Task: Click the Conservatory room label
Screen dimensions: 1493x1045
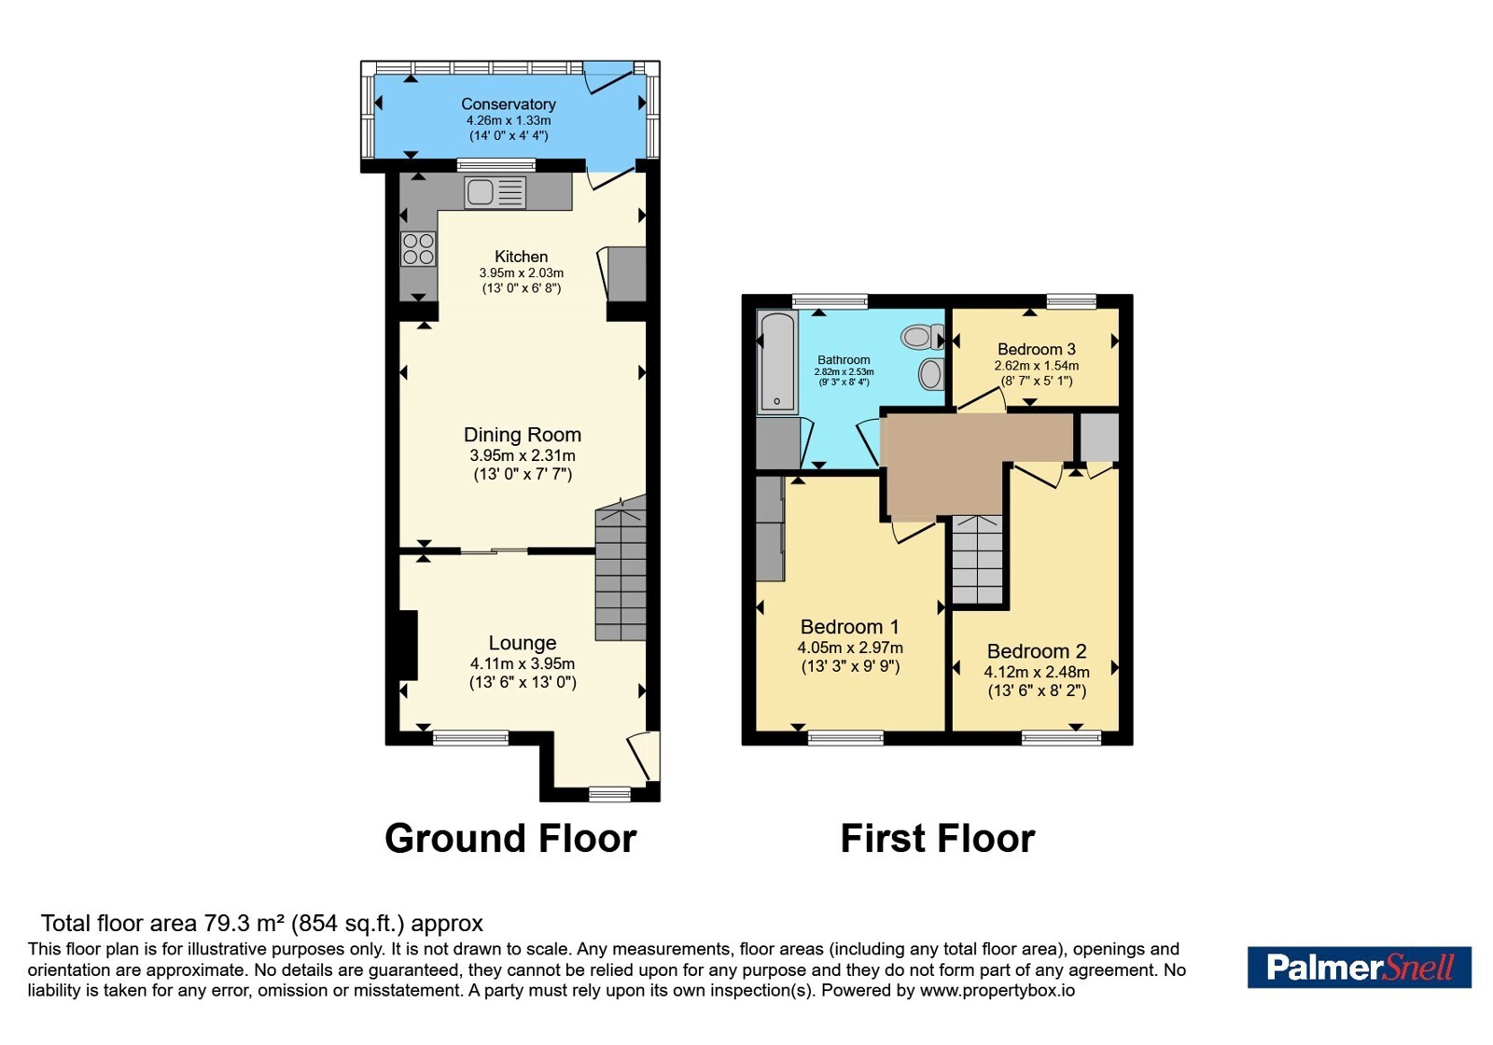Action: pyautogui.click(x=508, y=104)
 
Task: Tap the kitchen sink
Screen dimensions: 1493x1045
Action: pyautogui.click(x=495, y=192)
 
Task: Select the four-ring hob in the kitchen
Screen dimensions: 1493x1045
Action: pyautogui.click(x=419, y=248)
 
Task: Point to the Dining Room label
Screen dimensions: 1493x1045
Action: pyautogui.click(x=522, y=435)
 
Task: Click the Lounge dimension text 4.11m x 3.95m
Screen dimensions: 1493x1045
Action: pyautogui.click(x=522, y=663)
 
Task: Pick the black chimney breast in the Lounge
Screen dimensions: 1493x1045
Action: pyautogui.click(x=408, y=645)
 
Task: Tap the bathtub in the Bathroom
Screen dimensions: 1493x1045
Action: pyautogui.click(x=777, y=362)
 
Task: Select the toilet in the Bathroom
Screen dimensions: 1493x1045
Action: pyautogui.click(x=923, y=337)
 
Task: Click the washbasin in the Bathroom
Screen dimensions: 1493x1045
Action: pyautogui.click(x=931, y=374)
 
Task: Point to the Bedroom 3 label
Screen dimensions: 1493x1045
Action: pyautogui.click(x=1036, y=349)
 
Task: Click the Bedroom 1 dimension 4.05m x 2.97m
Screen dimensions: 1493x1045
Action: pyautogui.click(x=850, y=648)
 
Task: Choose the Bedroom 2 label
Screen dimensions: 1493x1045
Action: pyautogui.click(x=1037, y=651)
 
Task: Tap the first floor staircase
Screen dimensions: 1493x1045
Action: pyautogui.click(x=976, y=559)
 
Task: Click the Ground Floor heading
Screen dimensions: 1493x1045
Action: pyautogui.click(x=510, y=839)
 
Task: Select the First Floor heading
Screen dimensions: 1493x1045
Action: pyautogui.click(x=937, y=839)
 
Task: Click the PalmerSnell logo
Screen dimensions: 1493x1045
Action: pyautogui.click(x=1359, y=967)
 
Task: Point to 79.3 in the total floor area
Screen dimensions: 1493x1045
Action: pyautogui.click(x=224, y=923)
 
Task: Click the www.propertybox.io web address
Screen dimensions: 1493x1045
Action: pyautogui.click(x=998, y=990)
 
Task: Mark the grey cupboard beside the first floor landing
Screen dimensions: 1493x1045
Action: pyautogui.click(x=1098, y=438)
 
